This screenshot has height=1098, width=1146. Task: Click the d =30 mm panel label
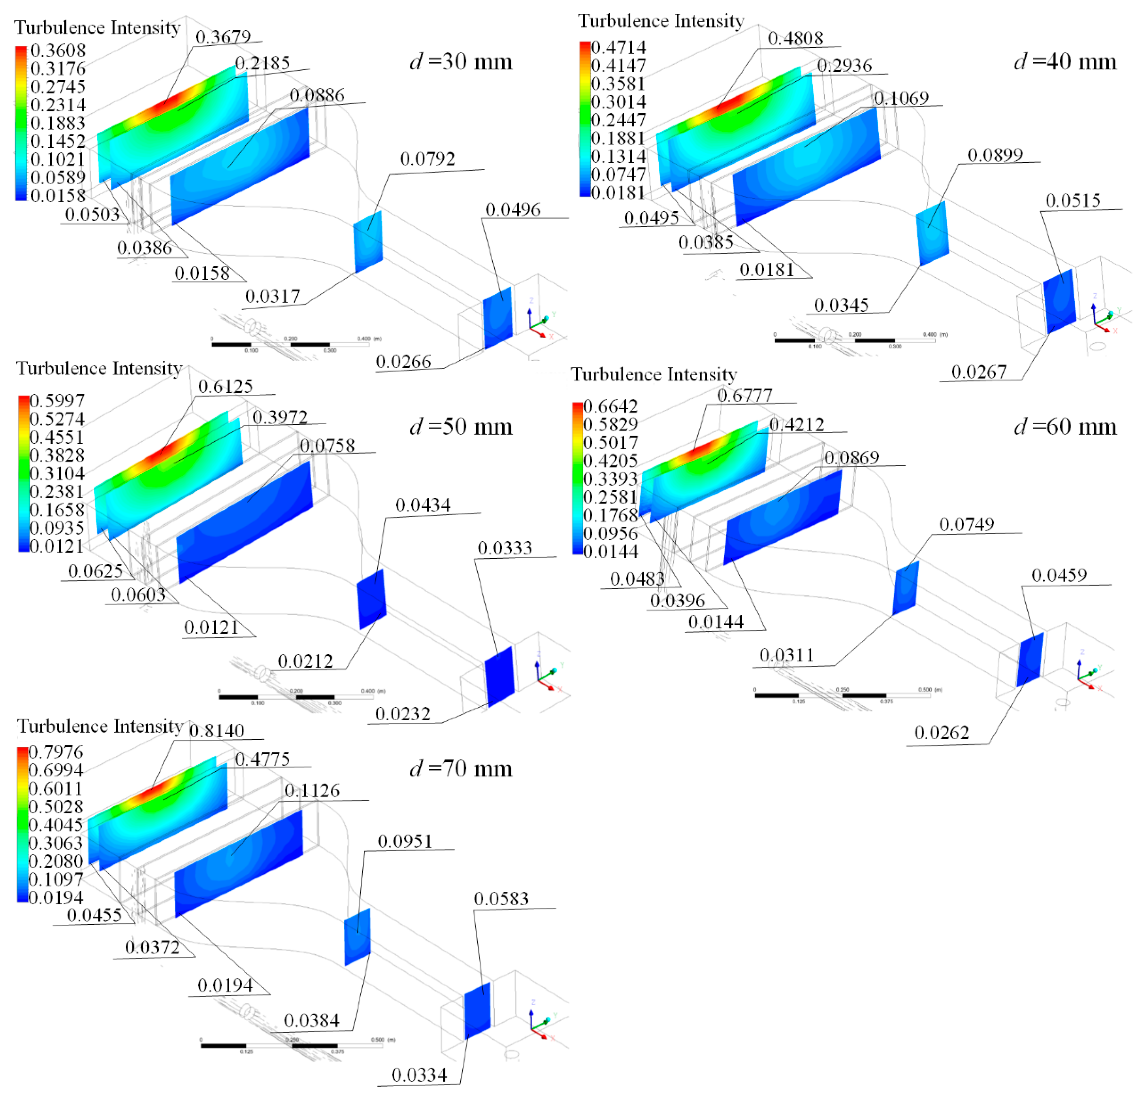tap(461, 61)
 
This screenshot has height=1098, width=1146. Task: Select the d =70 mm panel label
tap(461, 768)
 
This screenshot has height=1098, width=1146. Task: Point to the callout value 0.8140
tap(216, 731)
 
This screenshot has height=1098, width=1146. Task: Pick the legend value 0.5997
tap(57, 401)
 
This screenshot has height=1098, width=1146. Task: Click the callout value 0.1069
tap(901, 98)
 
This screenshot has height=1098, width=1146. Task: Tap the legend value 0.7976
tap(56, 752)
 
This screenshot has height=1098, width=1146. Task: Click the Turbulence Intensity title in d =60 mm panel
tap(654, 374)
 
